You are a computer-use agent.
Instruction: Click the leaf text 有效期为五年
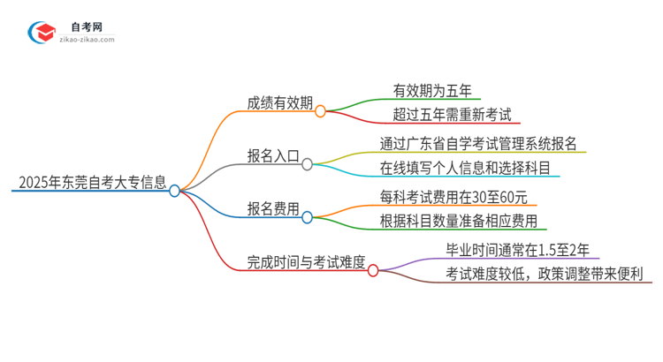tap(431, 89)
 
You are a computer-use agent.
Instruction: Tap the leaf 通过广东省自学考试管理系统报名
tap(479, 143)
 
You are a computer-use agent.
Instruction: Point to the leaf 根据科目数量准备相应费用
tap(458, 221)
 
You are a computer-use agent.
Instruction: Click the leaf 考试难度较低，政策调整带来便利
tap(547, 275)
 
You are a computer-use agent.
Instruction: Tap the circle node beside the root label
tap(175, 190)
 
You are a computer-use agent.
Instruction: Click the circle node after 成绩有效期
tap(320, 111)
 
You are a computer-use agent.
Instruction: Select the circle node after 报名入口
tap(308, 164)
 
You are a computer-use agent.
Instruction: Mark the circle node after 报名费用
tap(308, 217)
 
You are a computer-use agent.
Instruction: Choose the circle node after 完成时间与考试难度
tap(373, 271)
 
